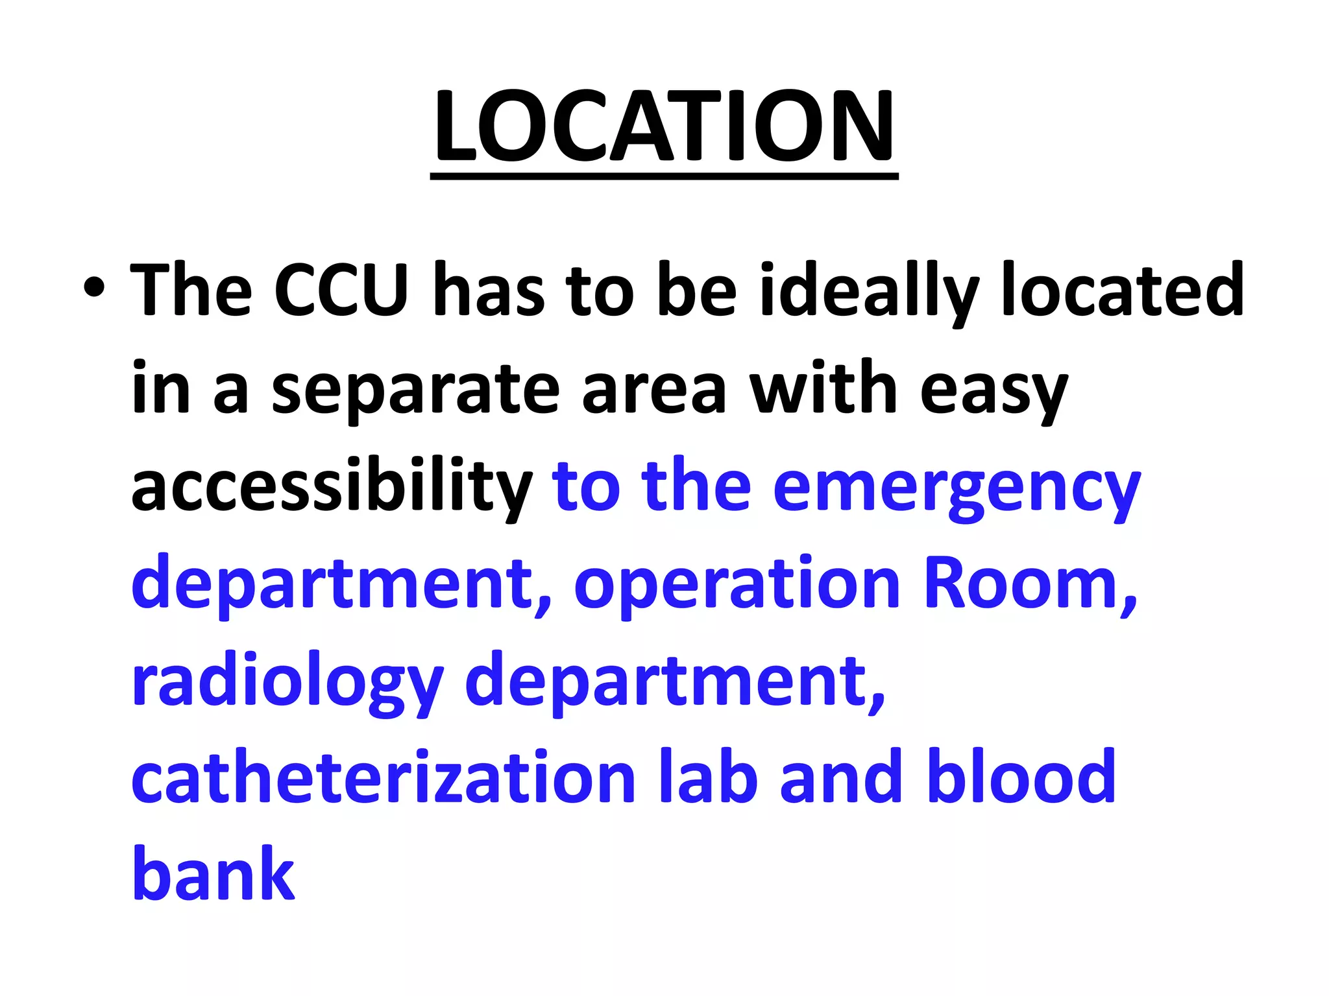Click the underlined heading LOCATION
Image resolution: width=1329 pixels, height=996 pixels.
click(x=664, y=126)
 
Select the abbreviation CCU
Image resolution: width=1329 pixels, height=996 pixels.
click(x=341, y=290)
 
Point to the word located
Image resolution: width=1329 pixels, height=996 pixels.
click(x=1123, y=290)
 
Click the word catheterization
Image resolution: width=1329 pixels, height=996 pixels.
click(x=384, y=777)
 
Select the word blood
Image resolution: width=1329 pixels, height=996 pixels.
click(x=1022, y=777)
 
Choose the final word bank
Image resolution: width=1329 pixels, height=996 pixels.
click(x=213, y=874)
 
